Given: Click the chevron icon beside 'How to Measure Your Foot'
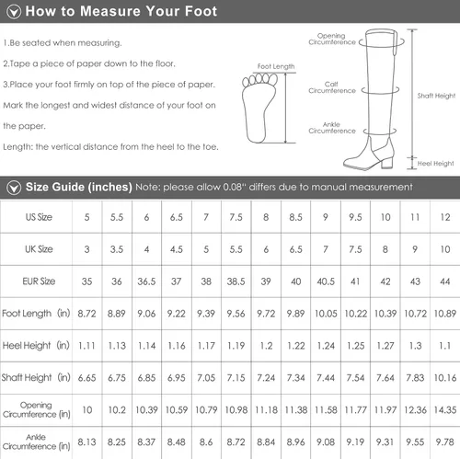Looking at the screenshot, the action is pos(14,12).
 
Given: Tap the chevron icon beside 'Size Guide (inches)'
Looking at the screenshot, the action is pos(14,188).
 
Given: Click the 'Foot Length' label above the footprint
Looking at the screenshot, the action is pos(276,66).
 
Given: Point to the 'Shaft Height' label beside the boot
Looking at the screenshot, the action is pos(436,96).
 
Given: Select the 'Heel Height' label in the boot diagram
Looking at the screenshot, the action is pos(435,164).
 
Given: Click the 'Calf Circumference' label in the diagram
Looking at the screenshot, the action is pos(332,87).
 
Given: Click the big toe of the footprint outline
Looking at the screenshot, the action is pos(273,79).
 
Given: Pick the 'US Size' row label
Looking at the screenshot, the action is pos(39,217).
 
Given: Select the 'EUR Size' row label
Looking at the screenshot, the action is pos(39,281).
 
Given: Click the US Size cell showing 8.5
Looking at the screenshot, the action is pos(295,217).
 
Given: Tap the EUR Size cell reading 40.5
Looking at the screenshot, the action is pos(326,281).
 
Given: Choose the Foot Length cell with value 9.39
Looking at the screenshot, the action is pos(206,314).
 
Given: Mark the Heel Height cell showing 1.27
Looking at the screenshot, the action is pos(385,346).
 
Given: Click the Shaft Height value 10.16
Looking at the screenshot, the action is pos(445,378).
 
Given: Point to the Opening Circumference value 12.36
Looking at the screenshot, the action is pos(415,410).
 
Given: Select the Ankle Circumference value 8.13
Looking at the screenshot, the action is pos(86,442).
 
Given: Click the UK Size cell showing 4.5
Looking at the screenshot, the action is pos(177,249).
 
